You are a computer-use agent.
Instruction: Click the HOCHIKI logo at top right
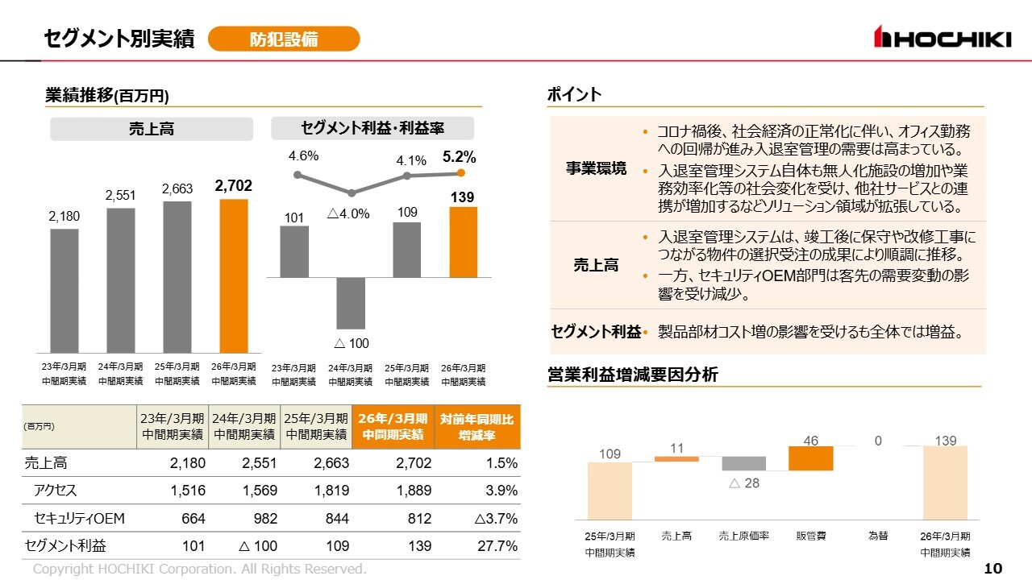(942, 37)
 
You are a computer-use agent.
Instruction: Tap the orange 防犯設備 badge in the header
(283, 39)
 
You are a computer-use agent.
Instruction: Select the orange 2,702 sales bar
(234, 275)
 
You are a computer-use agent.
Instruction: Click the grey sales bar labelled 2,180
(64, 290)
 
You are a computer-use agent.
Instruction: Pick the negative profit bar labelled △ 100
(351, 303)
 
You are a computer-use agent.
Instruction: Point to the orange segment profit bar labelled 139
(463, 242)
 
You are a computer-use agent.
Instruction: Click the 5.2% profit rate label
(460, 158)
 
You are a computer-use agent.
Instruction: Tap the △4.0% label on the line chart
(348, 213)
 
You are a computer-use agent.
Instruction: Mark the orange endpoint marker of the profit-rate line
(461, 172)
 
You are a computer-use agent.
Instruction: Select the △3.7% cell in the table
(496, 518)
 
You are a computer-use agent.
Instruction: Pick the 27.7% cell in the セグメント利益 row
(497, 545)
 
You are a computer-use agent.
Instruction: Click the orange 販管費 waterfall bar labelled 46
(810, 458)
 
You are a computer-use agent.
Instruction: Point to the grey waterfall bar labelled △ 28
(743, 463)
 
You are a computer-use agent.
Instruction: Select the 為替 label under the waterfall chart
(878, 536)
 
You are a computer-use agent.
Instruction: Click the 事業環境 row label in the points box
(596, 168)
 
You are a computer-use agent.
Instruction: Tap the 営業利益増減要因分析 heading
(632, 375)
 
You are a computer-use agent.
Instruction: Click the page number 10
(993, 569)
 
